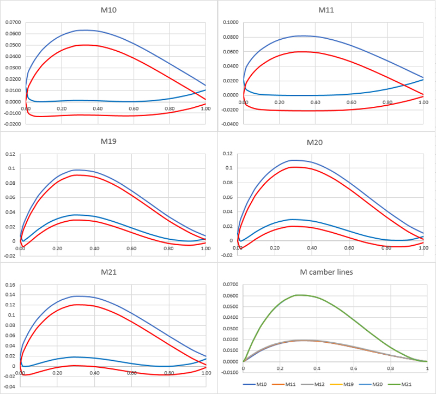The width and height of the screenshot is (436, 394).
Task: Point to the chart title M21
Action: pos(109,272)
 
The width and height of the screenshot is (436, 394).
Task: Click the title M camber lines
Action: pos(326,272)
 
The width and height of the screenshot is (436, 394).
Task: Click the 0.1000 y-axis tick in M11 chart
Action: pos(231,22)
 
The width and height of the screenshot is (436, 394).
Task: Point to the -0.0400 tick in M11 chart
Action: pos(231,124)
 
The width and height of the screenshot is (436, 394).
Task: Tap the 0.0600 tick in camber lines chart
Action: pos(231,295)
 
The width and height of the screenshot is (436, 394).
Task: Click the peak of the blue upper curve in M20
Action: pos(294,160)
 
